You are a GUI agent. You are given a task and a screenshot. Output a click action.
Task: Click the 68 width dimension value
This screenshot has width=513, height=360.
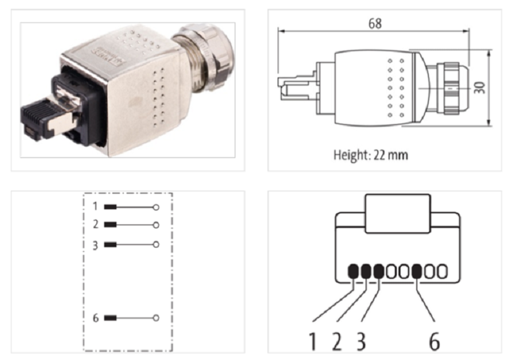(375, 24)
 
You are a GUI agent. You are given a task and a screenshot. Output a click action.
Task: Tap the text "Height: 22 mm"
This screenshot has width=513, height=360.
(370, 155)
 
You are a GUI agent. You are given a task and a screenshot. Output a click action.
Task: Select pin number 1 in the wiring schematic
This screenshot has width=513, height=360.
(94, 207)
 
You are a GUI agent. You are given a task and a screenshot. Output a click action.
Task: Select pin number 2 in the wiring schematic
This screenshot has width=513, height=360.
(94, 225)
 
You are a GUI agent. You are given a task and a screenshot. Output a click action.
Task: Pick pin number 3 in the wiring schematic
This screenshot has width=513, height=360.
(94, 244)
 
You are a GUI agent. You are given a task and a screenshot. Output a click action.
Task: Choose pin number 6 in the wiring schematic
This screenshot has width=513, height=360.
(94, 318)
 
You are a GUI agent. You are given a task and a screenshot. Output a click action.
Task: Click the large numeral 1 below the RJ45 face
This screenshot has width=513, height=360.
(313, 341)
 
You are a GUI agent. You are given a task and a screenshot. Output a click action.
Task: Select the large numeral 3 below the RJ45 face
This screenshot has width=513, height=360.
(361, 341)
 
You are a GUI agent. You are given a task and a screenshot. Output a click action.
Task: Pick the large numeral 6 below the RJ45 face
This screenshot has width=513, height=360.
(434, 341)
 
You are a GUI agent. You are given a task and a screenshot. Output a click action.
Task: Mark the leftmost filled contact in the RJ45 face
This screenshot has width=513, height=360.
(353, 272)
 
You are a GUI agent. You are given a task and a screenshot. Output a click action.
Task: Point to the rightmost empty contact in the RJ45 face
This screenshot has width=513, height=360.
(442, 272)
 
